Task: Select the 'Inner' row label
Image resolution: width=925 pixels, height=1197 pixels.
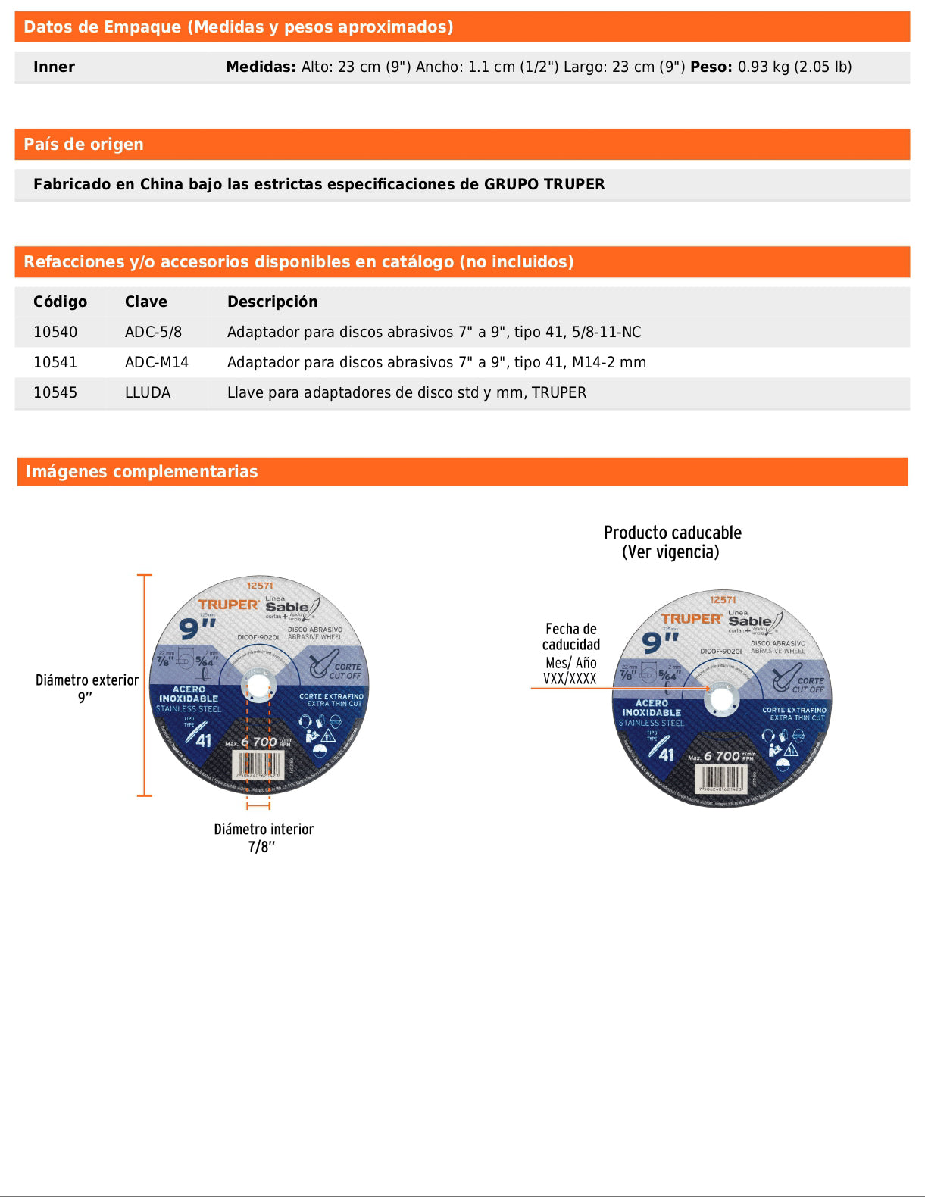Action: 54,67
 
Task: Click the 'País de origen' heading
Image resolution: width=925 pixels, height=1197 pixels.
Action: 83,145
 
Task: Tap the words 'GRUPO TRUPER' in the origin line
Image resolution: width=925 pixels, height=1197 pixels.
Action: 544,184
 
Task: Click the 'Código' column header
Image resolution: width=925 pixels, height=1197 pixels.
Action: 60,302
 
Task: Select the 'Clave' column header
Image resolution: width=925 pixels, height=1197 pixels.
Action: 145,302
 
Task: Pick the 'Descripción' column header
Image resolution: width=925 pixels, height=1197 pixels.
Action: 272,302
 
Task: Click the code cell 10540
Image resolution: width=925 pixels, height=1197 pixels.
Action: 55,332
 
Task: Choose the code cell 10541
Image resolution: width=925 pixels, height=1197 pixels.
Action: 55,362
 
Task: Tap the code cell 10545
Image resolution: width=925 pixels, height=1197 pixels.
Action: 55,392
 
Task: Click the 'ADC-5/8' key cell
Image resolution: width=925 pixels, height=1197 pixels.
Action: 153,332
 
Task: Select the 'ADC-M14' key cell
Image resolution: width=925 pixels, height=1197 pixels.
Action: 156,362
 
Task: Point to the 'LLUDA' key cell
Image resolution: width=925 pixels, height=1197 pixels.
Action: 148,392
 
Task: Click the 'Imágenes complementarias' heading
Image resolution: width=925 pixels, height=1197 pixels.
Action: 142,472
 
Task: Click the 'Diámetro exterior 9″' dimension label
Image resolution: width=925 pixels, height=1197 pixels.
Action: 86,688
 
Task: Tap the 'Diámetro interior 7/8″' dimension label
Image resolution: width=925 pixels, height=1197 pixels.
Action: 263,837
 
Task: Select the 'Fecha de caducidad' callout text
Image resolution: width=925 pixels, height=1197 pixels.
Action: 571,636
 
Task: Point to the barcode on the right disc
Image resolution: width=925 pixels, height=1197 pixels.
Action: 720,777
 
